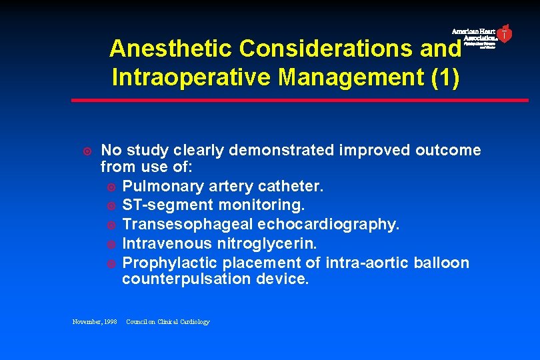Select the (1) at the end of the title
444,77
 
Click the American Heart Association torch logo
505,33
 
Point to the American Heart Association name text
475,35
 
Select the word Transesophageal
182,225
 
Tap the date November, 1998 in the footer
94,322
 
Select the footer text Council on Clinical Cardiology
168,322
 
